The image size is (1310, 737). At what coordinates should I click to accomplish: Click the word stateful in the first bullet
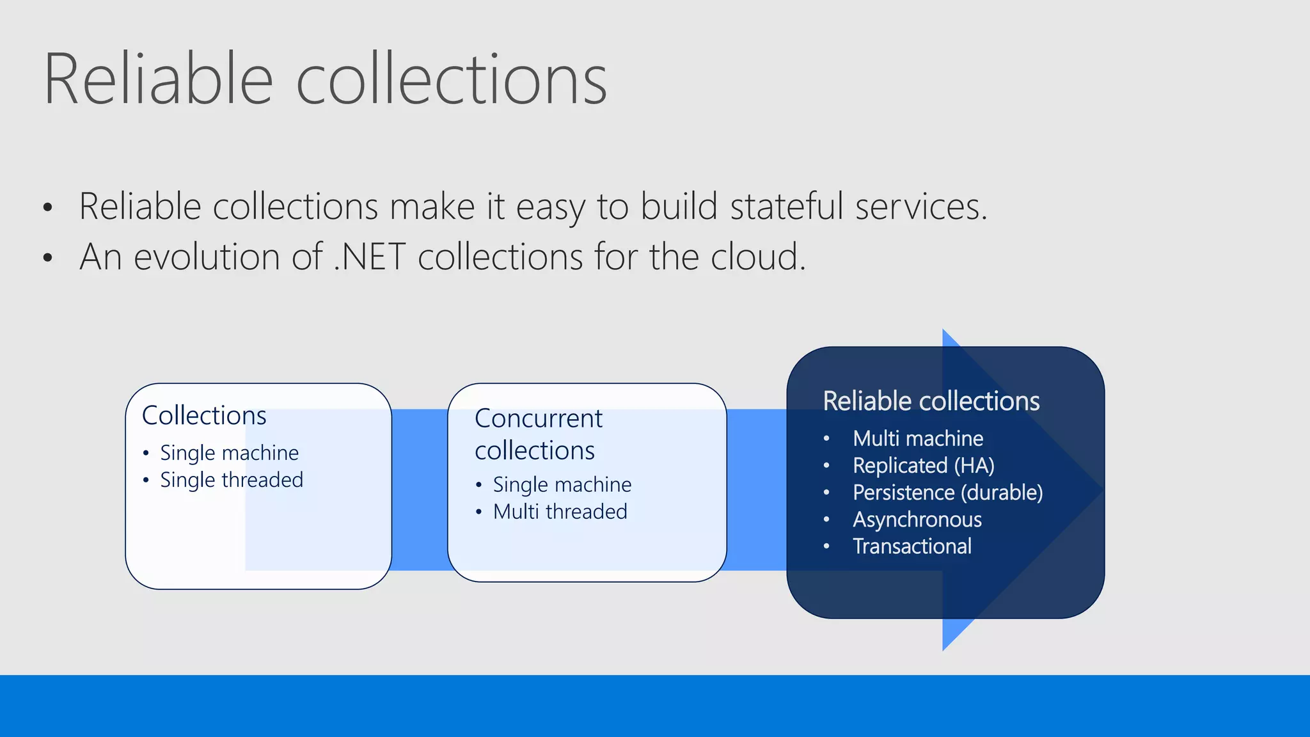(x=786, y=207)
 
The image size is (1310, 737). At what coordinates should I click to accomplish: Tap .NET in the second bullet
(x=370, y=257)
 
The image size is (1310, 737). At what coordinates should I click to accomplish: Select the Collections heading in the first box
(x=204, y=416)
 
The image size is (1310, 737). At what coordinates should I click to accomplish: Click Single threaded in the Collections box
(x=232, y=480)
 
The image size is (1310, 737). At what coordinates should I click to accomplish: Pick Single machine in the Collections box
(x=229, y=453)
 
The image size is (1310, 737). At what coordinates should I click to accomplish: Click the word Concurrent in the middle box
(x=538, y=418)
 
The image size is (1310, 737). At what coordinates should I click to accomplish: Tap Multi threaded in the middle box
(x=560, y=512)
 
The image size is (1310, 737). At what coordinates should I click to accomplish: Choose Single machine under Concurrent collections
(x=562, y=485)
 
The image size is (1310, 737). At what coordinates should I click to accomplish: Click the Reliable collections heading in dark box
(x=931, y=401)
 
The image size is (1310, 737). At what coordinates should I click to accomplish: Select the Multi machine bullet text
(x=917, y=439)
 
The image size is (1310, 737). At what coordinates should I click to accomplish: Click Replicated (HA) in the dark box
(x=923, y=466)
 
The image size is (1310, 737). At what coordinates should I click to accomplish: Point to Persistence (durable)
(x=947, y=493)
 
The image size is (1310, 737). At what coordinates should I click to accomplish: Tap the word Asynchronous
(x=917, y=519)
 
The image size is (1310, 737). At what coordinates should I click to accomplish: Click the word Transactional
(x=911, y=546)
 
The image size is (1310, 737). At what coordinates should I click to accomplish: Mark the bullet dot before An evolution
(x=47, y=258)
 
